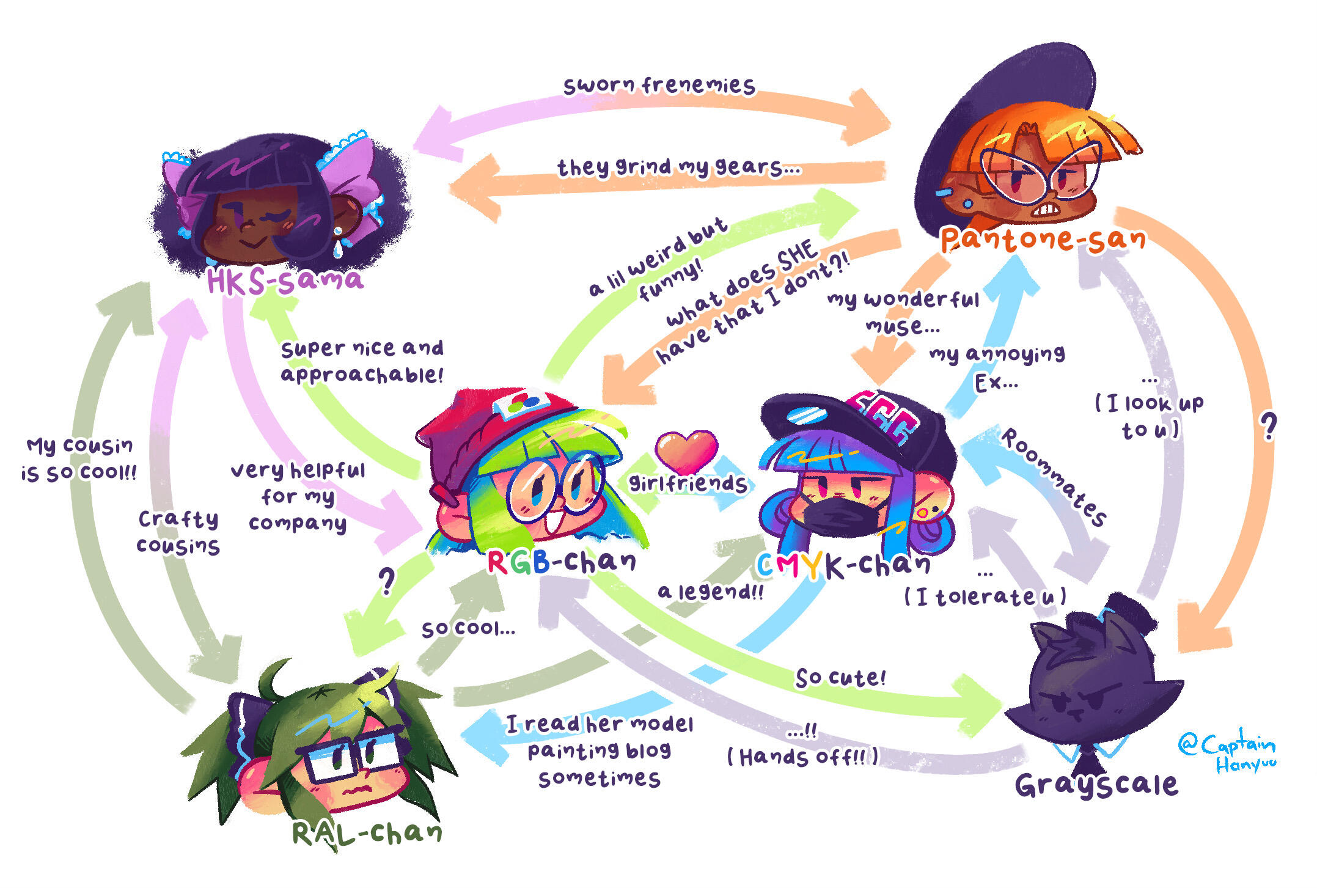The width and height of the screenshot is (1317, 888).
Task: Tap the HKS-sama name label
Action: click(285, 280)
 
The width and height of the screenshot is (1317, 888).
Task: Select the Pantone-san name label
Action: click(1043, 239)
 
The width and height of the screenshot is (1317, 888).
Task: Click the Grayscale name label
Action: click(1096, 784)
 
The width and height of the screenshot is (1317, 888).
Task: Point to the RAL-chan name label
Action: click(367, 832)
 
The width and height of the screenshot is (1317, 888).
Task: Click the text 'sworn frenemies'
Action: click(659, 86)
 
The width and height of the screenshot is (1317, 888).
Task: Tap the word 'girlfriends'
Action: click(688, 483)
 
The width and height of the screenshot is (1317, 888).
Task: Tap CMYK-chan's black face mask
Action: click(842, 517)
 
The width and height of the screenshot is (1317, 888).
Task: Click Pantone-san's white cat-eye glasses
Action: click(1039, 173)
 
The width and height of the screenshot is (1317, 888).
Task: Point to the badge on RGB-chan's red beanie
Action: click(521, 403)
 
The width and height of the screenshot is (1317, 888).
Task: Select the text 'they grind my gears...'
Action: click(678, 167)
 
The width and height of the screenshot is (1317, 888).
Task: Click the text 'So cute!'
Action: click(840, 678)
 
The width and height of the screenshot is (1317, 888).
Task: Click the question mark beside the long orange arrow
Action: click(1269, 427)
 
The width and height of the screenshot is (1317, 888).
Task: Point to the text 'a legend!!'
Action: click(710, 592)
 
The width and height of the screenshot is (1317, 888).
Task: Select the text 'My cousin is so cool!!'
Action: click(79, 460)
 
